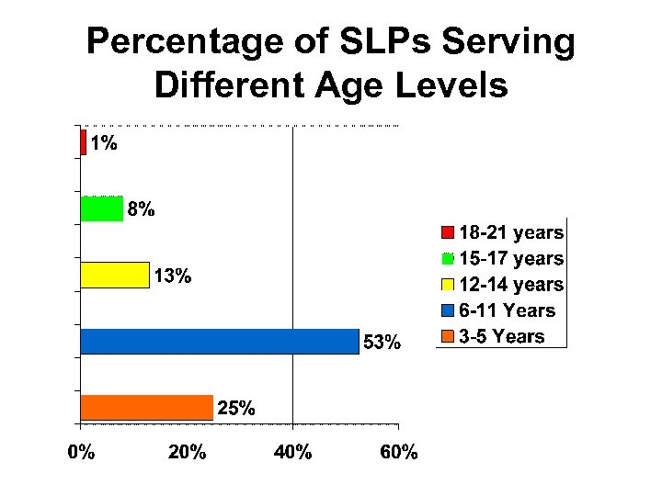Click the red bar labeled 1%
click(x=84, y=142)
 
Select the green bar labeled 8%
click(x=102, y=209)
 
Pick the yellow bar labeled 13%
click(x=115, y=275)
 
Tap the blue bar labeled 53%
click(x=220, y=341)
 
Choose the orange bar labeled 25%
click(x=147, y=407)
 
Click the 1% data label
click(x=103, y=143)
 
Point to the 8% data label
click(x=141, y=209)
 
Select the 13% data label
click(x=172, y=276)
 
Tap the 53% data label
click(x=382, y=343)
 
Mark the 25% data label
click(x=235, y=408)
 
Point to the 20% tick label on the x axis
click(x=187, y=452)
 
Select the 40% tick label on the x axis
click(x=292, y=452)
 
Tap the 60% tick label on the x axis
click(x=398, y=452)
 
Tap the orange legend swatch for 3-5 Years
click(x=448, y=337)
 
